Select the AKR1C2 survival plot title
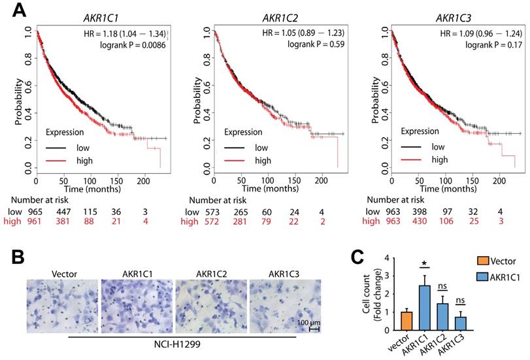coord(269,18)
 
